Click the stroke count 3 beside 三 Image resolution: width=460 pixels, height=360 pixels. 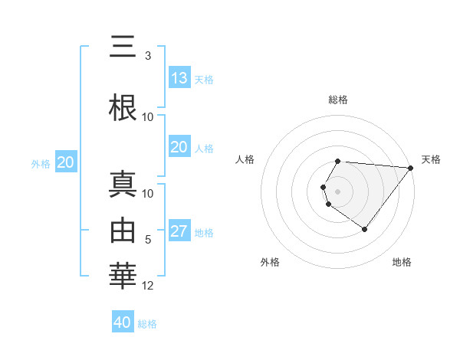[147, 56]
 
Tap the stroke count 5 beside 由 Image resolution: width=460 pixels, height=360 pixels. [148, 240]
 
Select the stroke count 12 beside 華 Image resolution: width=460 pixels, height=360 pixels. [148, 286]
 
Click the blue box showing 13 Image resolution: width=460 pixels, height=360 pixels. [179, 78]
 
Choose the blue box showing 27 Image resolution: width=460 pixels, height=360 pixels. [179, 231]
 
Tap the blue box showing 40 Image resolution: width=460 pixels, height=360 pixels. [123, 322]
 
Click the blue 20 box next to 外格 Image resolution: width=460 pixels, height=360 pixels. [65, 162]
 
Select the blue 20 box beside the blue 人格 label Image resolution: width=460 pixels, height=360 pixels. [179, 147]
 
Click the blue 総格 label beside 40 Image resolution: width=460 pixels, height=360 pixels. [147, 324]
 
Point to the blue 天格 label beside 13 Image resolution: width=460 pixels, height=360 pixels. [203, 79]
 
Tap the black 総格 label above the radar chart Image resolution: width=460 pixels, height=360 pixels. [338, 100]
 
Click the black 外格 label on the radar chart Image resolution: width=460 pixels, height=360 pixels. [270, 262]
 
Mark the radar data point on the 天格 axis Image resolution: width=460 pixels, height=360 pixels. [411, 168]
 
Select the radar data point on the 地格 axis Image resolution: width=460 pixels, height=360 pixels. [364, 229]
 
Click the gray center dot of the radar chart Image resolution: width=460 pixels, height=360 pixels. [338, 191]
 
